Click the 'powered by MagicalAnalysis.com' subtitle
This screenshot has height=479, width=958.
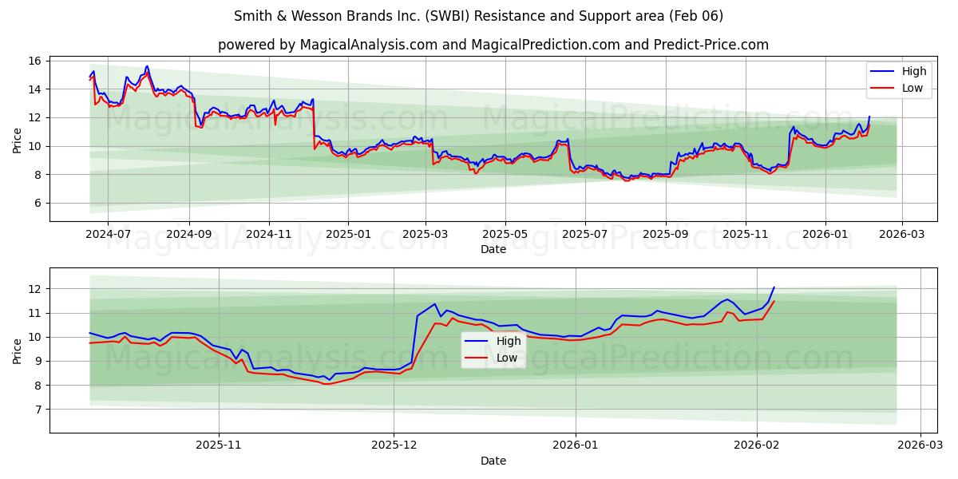pos(493,45)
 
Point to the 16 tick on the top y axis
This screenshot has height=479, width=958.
pos(34,61)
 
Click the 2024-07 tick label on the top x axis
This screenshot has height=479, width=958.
pos(107,235)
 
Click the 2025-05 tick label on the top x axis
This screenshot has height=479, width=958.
pos(505,235)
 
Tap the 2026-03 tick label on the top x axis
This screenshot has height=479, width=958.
pos(901,235)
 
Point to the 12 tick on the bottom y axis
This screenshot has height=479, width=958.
pos(34,289)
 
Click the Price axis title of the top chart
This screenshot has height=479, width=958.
pos(18,140)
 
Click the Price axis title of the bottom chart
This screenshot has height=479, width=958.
pos(18,350)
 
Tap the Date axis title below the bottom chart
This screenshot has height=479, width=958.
pos(493,461)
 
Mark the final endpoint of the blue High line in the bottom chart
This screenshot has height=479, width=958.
pos(774,287)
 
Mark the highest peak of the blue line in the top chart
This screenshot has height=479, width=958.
pos(147,66)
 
